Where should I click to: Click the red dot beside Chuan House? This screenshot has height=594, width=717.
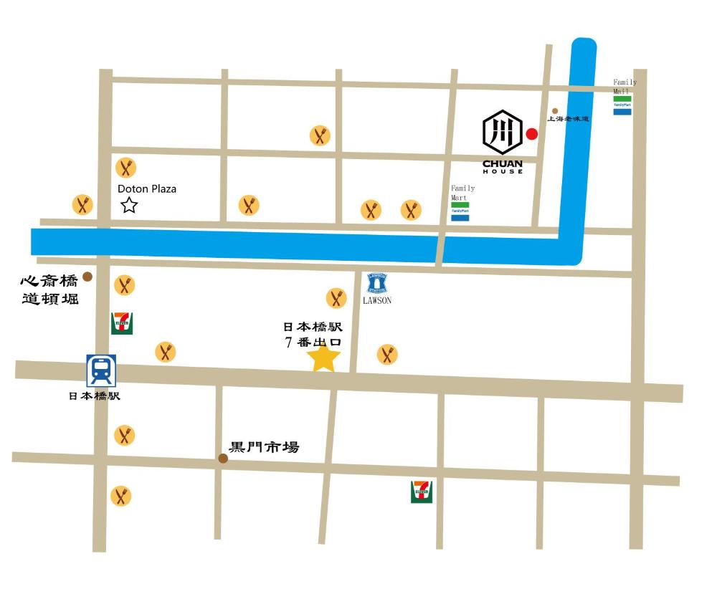pyautogui.click(x=531, y=133)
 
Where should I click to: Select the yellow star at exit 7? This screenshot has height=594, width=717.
pyautogui.click(x=323, y=358)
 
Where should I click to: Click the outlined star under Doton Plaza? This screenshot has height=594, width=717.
pyautogui.click(x=129, y=206)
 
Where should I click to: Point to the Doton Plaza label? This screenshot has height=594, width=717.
pyautogui.click(x=147, y=189)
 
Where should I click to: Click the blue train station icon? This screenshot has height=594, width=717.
pyautogui.click(x=101, y=370)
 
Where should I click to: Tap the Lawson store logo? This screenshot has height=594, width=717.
pyautogui.click(x=377, y=282)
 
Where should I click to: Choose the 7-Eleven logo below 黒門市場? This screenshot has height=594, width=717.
pyautogui.click(x=422, y=492)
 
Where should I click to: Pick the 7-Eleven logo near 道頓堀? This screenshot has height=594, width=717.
pyautogui.click(x=121, y=322)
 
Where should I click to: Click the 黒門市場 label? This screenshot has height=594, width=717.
pyautogui.click(x=263, y=448)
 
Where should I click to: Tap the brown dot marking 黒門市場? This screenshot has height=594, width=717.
pyautogui.click(x=223, y=458)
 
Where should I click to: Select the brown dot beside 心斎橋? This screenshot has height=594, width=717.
pyautogui.click(x=87, y=277)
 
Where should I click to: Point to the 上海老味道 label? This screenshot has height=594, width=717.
pyautogui.click(x=568, y=119)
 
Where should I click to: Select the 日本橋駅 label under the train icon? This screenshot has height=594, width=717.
pyautogui.click(x=95, y=396)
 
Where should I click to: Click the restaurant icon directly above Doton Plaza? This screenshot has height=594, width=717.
pyautogui.click(x=126, y=168)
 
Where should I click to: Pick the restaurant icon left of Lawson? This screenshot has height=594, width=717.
pyautogui.click(x=336, y=297)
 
